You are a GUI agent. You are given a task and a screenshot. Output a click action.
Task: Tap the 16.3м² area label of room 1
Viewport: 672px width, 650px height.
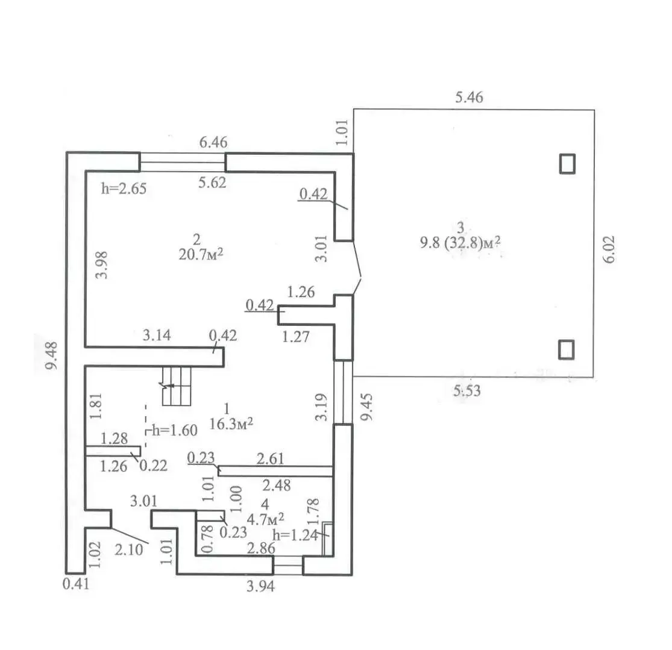click(x=230, y=423)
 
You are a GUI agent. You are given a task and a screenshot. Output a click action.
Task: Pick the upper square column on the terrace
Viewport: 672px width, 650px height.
click(x=567, y=163)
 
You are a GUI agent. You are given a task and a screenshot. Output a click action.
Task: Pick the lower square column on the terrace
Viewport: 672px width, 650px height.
click(x=567, y=349)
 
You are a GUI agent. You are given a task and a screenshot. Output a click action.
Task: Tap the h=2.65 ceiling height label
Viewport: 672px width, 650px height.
click(x=124, y=188)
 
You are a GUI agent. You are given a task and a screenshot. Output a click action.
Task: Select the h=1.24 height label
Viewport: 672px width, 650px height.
click(x=295, y=534)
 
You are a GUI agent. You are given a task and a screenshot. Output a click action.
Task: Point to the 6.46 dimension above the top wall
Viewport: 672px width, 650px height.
click(x=213, y=143)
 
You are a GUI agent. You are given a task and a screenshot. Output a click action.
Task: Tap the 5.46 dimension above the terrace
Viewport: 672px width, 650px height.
click(x=469, y=97)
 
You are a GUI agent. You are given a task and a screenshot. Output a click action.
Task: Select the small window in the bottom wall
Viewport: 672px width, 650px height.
click(x=287, y=565)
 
